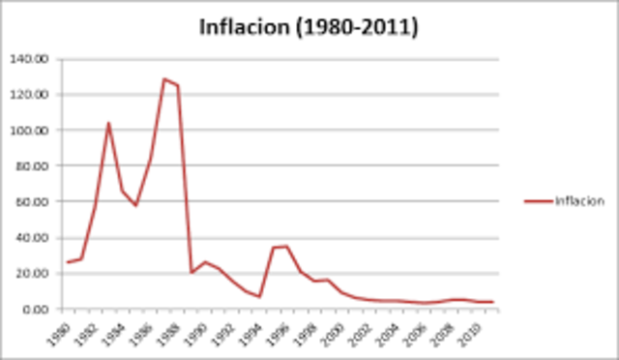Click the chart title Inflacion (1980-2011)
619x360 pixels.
point(309,27)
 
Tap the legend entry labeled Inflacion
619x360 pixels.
point(579,201)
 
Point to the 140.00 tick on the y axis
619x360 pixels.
point(29,59)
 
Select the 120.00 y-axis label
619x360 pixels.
point(29,95)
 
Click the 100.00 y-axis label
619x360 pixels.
point(29,131)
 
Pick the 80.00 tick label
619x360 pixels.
point(32,166)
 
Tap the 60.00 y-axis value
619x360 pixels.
point(32,202)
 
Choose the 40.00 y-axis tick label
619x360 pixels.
point(32,238)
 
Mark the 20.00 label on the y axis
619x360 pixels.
point(32,274)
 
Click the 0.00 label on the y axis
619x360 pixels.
point(35,310)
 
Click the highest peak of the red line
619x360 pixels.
point(163,79)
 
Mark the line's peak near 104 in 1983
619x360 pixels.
point(108,123)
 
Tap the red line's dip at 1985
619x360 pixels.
point(136,205)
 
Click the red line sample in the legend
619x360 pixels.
point(538,201)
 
